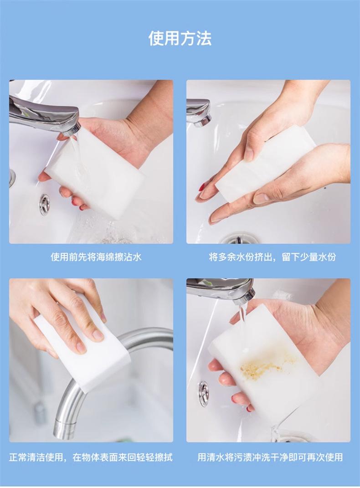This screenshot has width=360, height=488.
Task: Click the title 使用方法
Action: pos(180,39)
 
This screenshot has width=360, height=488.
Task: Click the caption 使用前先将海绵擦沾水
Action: pos(96,257)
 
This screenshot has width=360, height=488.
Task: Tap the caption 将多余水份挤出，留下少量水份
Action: pos(273,257)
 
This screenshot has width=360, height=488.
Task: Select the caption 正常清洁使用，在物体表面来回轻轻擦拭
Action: pos(91,457)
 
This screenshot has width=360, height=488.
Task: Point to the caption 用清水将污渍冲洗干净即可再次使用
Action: pos(270,457)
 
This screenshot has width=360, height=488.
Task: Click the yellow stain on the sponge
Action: pos(267,365)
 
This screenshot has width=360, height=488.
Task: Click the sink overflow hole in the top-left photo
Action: pos(45,204)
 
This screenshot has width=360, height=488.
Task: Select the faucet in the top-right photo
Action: pos(199,113)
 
